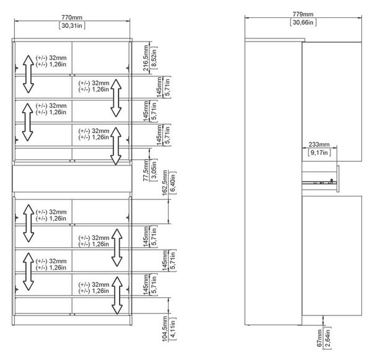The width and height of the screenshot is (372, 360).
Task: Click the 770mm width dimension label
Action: (72, 17)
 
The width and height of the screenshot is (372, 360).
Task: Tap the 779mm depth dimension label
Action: (303, 14)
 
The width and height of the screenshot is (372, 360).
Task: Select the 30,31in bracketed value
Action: (72, 25)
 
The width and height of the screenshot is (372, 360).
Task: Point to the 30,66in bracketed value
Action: (303, 22)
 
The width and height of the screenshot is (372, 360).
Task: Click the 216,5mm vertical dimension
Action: (146, 58)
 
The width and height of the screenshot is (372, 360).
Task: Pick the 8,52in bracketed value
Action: (154, 58)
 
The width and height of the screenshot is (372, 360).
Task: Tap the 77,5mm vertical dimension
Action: (146, 170)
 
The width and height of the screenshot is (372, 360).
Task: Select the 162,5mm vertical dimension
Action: (165, 183)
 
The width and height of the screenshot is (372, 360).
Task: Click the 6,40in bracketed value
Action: (173, 183)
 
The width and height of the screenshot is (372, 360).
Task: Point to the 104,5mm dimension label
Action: (165, 329)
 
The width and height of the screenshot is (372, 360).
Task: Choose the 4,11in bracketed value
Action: (173, 329)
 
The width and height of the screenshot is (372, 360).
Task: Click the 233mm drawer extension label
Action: (319, 144)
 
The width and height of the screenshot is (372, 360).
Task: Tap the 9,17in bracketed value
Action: (319, 152)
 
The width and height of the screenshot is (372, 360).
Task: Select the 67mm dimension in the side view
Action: (319, 338)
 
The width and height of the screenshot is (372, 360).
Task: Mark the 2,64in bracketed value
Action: (327, 338)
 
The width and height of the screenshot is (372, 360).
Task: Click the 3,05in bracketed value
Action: (154, 170)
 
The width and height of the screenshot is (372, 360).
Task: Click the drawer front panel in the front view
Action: (72, 178)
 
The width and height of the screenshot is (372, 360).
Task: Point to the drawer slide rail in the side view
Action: (319, 183)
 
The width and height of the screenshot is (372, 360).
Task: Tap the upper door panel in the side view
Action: (332, 102)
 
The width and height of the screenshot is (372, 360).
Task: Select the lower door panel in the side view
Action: (332, 256)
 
